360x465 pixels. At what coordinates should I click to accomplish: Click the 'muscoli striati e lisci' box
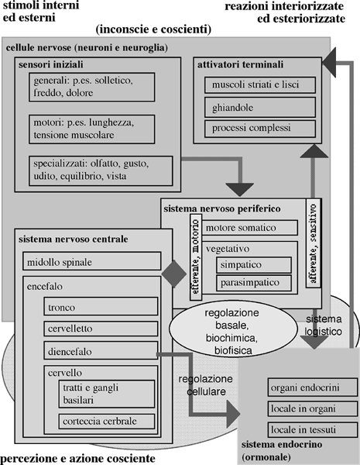260,85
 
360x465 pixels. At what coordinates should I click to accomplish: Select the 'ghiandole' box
260,108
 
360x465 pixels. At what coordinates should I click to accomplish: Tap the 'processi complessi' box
260,129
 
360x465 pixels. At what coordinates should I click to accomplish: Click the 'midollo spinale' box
92,261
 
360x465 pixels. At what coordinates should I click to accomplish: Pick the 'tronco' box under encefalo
101,306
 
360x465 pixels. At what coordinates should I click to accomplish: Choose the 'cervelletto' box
101,329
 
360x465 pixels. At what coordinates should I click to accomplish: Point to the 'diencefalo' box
101,350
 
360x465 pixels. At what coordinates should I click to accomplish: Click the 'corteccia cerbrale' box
107,421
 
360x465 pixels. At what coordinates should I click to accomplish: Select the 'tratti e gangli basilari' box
107,394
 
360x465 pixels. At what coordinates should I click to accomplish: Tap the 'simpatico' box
254,265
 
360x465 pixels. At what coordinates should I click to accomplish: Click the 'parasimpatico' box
254,283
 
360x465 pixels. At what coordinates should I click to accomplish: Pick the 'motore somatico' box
249,228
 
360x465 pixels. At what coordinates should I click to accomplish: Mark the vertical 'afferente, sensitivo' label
314,243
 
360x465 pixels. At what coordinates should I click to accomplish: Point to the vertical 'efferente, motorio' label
196,257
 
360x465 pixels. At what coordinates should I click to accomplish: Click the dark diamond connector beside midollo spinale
174,274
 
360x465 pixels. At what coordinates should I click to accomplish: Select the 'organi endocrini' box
313,387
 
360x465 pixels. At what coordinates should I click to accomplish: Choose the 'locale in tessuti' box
313,429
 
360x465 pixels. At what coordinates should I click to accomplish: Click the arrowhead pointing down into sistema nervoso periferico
240,190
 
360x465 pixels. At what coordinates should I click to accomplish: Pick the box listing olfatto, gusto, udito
101,170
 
